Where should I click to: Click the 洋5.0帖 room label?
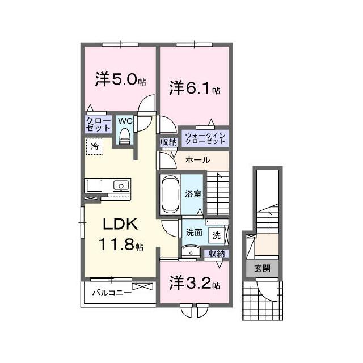point(120,80)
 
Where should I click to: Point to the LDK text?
point(119,223)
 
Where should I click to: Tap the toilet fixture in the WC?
point(125,136)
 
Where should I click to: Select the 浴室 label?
point(193,193)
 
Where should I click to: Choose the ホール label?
point(198,159)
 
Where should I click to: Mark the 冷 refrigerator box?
point(95,146)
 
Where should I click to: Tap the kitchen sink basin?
point(121,185)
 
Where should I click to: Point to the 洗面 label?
point(193,232)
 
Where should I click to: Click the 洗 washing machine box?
point(217,234)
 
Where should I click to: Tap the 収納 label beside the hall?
point(168,142)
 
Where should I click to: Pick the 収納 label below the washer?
point(216,254)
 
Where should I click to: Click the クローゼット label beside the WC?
point(98,124)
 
